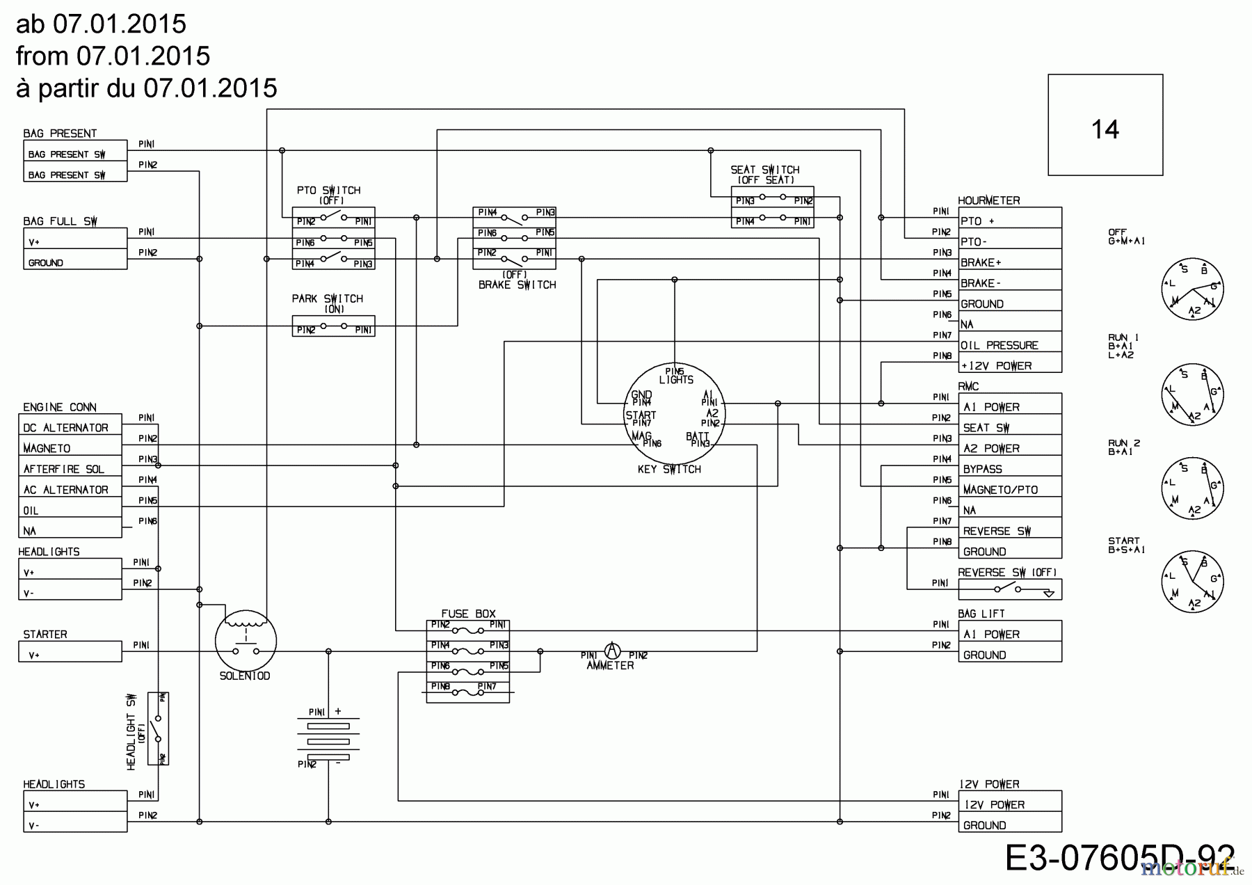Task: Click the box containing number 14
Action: point(1105,125)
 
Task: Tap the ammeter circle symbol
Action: point(612,651)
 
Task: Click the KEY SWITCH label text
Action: point(669,470)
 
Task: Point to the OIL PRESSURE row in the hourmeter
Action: point(1009,345)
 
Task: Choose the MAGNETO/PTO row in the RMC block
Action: point(1009,490)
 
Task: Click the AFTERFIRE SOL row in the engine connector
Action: point(70,469)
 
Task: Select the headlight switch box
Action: point(159,728)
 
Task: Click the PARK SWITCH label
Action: point(327,299)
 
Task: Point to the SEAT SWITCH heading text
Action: point(764,170)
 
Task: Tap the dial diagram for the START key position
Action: point(1192,582)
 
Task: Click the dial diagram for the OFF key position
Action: point(1192,289)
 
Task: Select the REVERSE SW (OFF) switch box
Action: point(1009,590)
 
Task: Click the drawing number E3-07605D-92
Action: point(1120,858)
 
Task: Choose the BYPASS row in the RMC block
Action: point(1009,469)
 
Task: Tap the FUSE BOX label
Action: point(468,614)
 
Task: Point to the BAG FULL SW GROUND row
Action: point(75,263)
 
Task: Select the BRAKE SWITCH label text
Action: point(517,285)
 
